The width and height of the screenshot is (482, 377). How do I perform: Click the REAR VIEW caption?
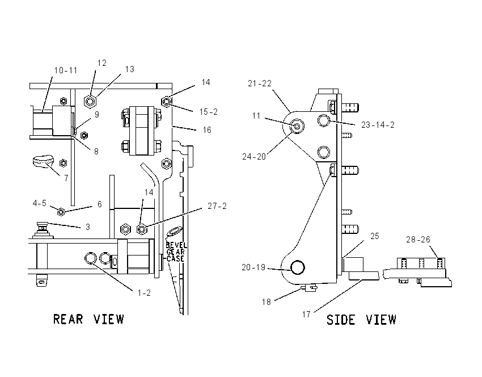coord(88,319)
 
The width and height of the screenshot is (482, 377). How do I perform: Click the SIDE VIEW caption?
coord(362,320)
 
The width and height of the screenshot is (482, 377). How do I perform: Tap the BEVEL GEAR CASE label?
coord(176,252)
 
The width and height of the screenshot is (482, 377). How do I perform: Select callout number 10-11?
coord(65,70)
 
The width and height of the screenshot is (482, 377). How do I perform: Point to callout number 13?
coord(130,69)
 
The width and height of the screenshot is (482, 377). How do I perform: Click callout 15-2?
coord(209,112)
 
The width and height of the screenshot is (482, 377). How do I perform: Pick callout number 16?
coord(207,130)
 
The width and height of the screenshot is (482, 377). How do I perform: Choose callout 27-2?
coord(217,206)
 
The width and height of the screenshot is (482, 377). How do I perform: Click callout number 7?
coord(66,178)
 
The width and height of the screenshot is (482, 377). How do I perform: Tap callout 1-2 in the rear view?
coord(144,292)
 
